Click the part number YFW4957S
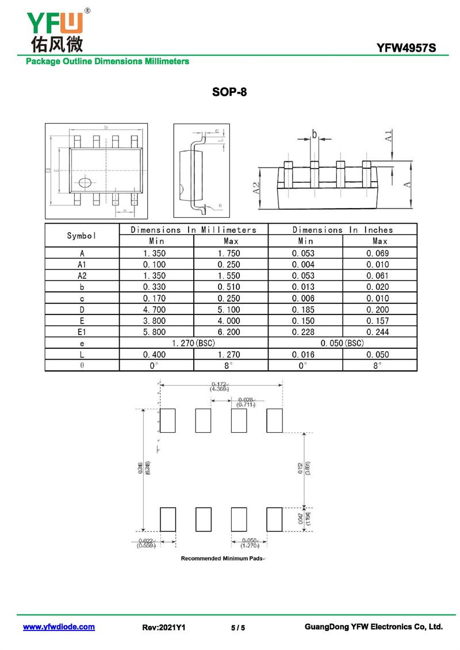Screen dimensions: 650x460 406,48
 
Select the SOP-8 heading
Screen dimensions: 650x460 229,92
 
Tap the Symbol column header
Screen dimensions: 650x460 82,236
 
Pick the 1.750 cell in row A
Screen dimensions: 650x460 231,253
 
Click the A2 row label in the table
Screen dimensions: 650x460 82,276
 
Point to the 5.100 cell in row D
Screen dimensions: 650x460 231,310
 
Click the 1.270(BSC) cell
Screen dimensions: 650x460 193,343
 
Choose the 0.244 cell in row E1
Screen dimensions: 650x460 379,332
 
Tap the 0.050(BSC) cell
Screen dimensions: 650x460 343,343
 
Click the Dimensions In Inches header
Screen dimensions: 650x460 343,230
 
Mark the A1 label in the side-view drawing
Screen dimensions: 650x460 389,136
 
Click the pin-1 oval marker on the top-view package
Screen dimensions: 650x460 85,183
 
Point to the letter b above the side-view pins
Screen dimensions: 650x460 315,134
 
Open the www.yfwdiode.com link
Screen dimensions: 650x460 59,627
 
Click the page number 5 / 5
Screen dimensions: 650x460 237,628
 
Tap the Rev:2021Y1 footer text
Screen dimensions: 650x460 164,628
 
